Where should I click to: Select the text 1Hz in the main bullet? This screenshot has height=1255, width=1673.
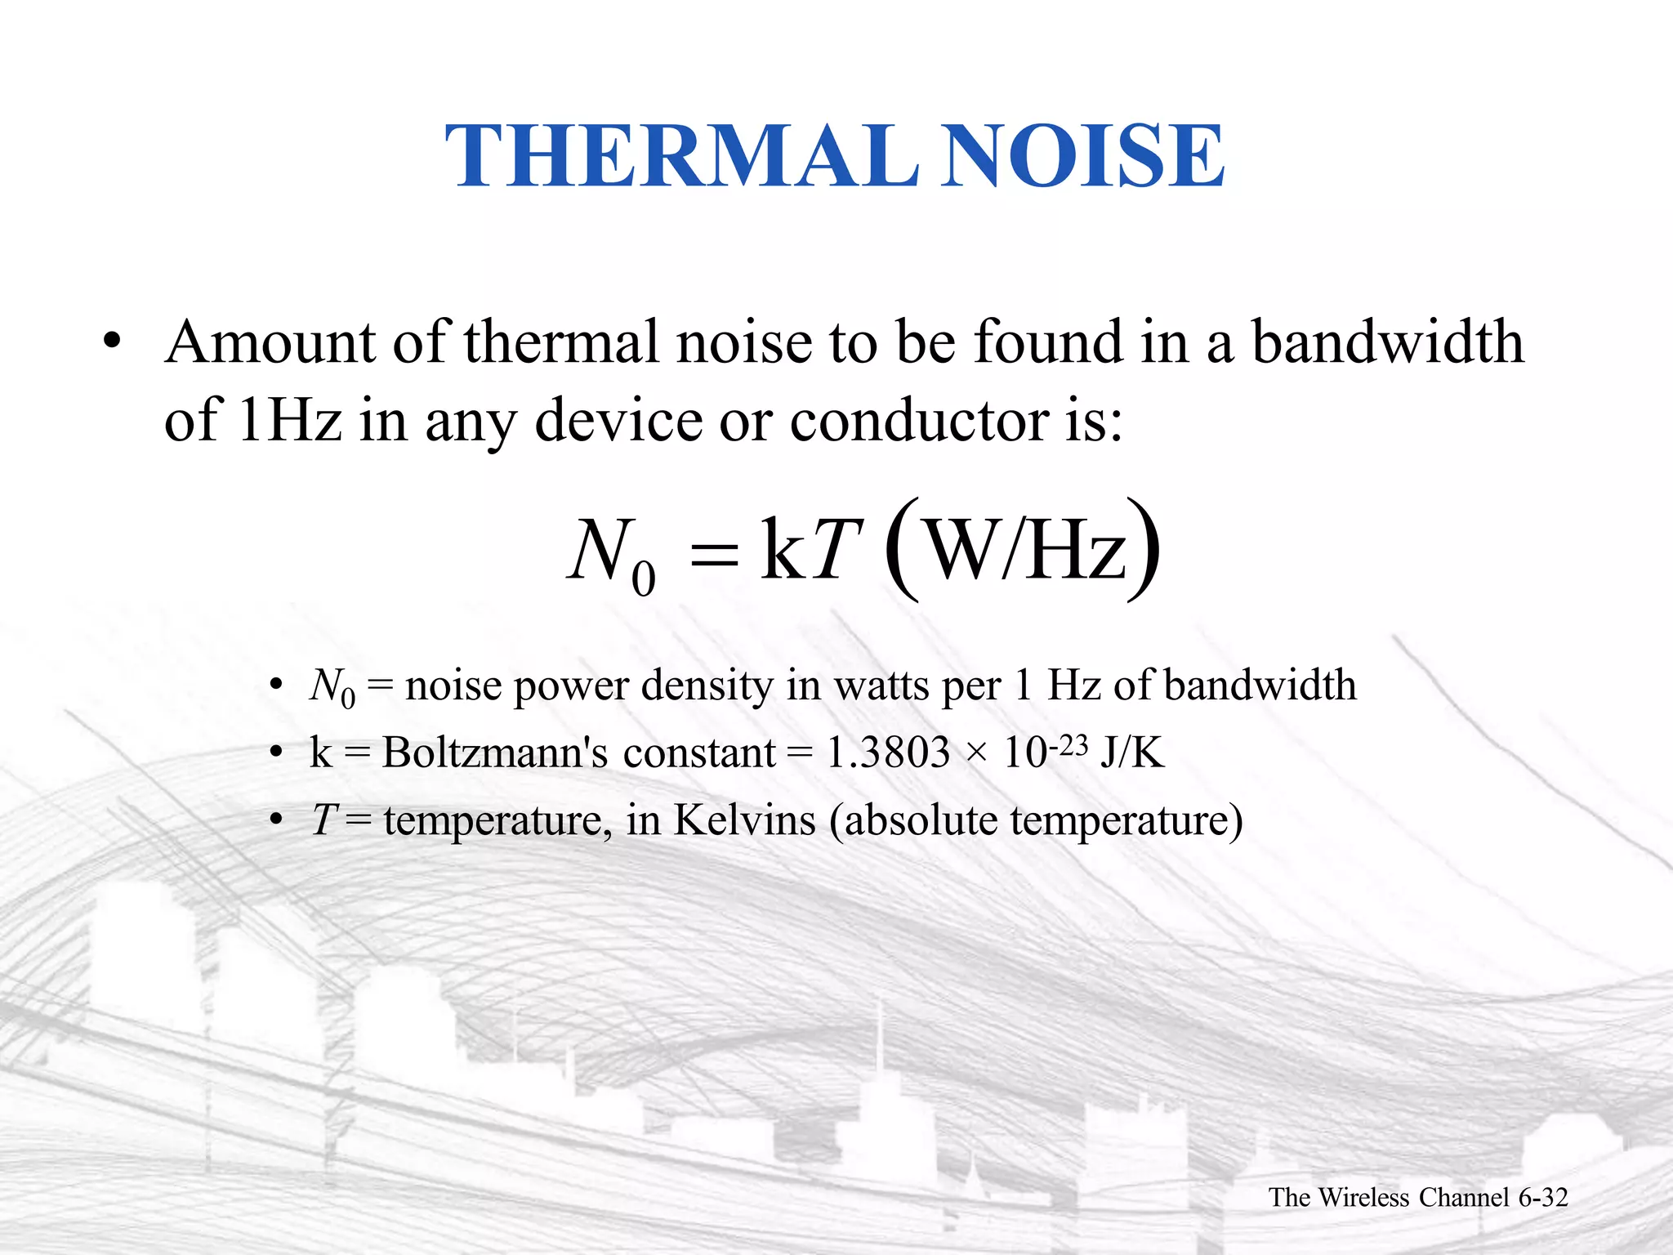pos(289,420)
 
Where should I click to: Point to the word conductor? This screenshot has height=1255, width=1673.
pos(920,420)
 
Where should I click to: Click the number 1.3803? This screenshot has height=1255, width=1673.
pos(888,753)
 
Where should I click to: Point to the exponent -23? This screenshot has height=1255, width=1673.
pos(1068,745)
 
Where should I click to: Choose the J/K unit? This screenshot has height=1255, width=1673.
pos(1132,753)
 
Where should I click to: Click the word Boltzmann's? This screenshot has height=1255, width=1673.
pos(495,753)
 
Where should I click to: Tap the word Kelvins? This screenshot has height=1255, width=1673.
pos(744,820)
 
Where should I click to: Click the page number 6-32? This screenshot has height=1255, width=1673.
pos(1542,1197)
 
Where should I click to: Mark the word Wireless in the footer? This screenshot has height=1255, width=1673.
pos(1363,1197)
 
